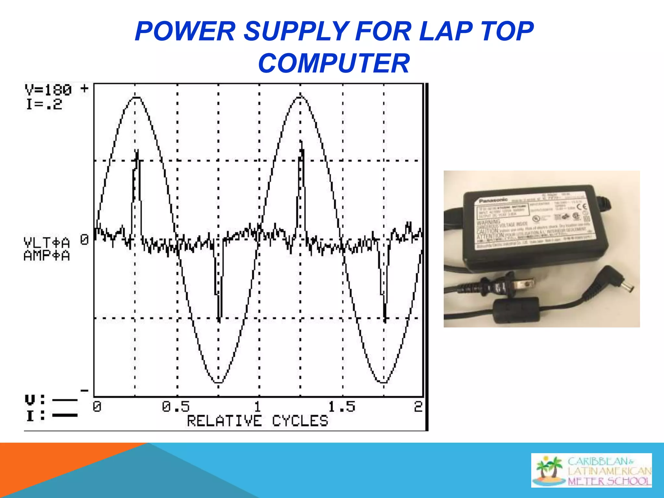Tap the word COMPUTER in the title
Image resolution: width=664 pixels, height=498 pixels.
click(334, 63)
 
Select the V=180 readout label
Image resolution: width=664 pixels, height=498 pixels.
click(48, 90)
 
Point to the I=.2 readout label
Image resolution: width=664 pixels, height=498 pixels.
click(44, 104)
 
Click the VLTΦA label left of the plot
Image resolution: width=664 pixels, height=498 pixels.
click(47, 243)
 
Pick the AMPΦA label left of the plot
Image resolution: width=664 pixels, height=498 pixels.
click(47, 256)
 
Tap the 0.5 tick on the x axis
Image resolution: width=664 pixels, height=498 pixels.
click(176, 407)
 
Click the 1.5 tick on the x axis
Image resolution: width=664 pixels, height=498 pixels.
click(342, 407)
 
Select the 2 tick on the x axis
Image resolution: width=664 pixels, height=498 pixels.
click(418, 407)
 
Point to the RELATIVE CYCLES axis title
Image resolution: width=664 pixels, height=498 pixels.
click(257, 421)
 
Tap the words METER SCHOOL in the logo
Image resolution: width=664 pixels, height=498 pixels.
click(610, 481)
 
